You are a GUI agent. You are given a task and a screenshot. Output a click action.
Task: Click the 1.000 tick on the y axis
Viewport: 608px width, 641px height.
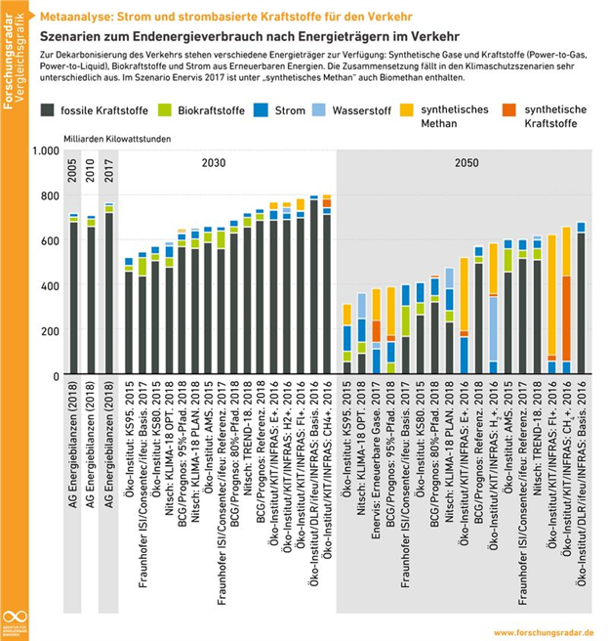46,151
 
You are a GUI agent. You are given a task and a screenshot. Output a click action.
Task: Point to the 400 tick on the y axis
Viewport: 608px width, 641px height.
50,286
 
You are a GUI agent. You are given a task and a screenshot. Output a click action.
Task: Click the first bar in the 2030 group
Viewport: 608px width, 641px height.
129,317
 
